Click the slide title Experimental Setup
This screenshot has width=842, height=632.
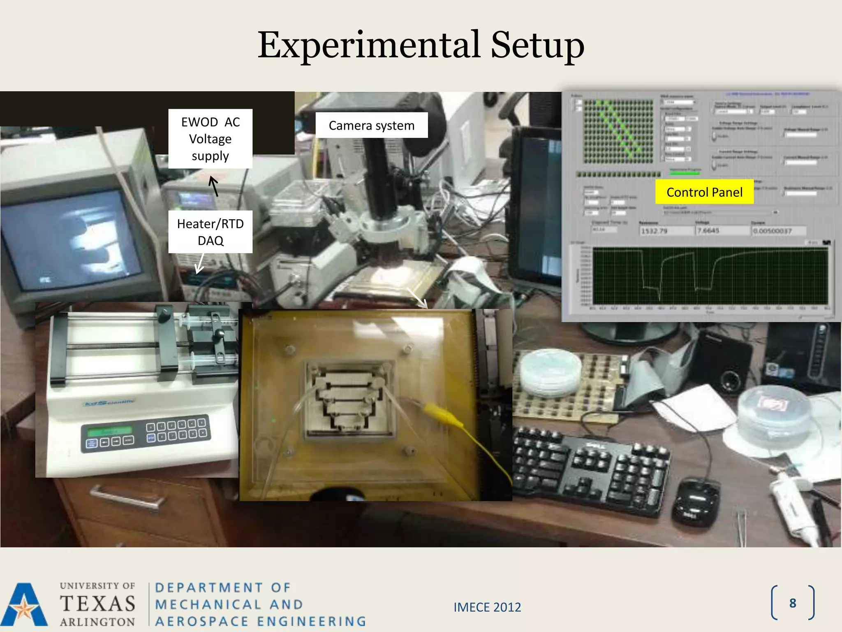point(421,45)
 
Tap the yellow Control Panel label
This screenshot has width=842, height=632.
point(704,192)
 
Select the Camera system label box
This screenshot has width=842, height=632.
point(371,125)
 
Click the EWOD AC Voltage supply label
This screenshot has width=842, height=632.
point(210,139)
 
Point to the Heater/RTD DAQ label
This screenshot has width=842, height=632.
point(210,232)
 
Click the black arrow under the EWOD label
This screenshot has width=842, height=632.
point(214,186)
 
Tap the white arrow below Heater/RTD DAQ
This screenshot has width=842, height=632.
point(200,263)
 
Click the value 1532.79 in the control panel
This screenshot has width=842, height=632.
point(654,231)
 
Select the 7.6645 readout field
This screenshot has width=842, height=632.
point(708,230)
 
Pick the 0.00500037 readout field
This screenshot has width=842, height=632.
point(772,231)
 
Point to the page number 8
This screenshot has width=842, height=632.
point(793,603)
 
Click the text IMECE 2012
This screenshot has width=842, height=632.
point(487,607)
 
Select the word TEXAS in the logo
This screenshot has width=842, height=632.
point(98,604)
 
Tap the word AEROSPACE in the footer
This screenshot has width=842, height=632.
point(202,621)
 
